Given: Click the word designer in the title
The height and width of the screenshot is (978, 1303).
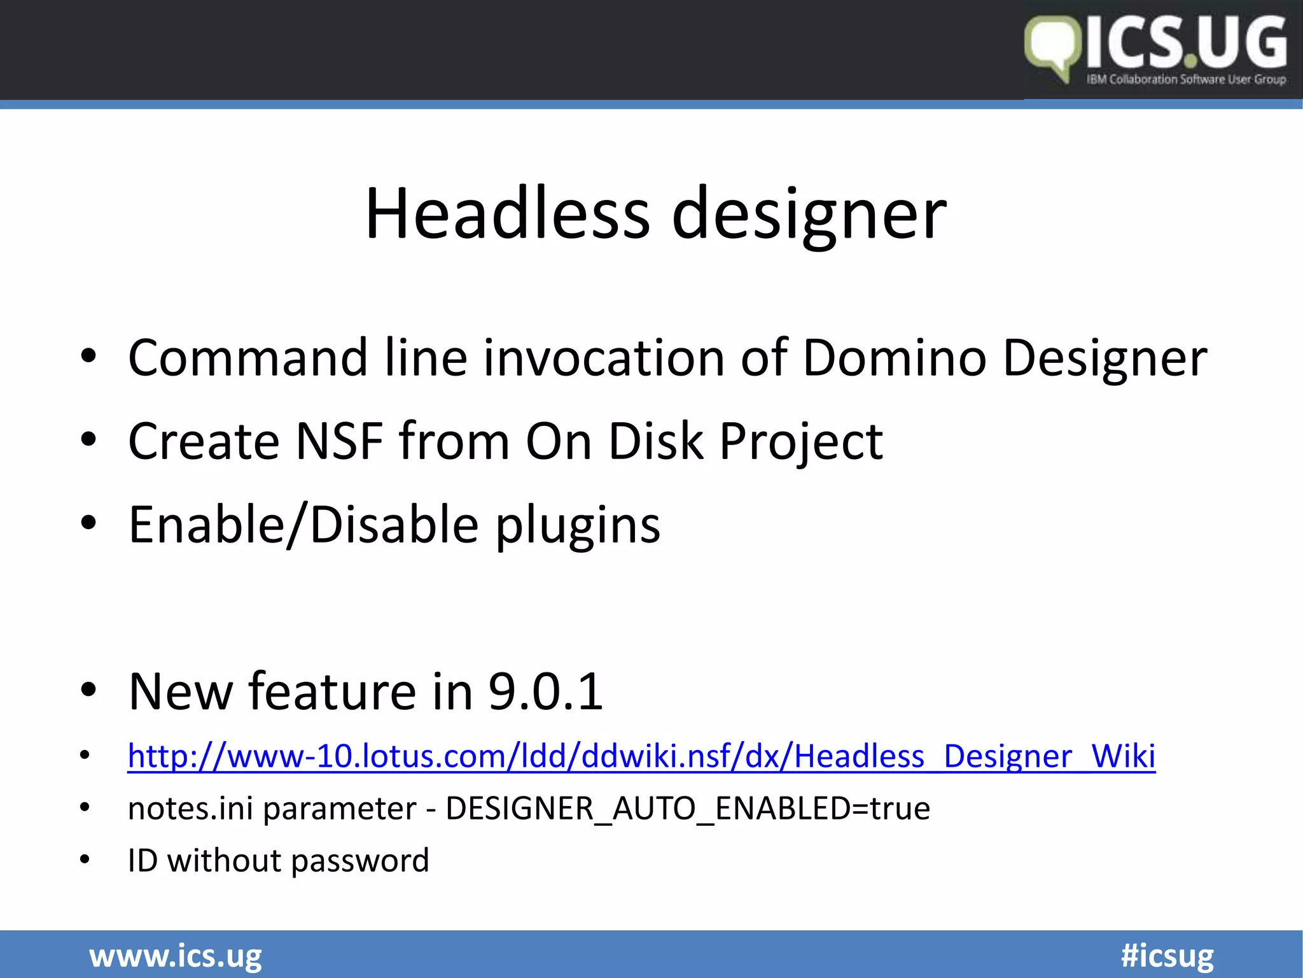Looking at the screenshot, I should [x=809, y=216].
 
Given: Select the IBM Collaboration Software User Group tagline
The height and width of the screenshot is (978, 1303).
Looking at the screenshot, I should [x=1187, y=80].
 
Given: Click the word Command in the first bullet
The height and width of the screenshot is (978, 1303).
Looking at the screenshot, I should [x=248, y=358].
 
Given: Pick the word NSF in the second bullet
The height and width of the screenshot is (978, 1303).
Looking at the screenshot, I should [x=340, y=441].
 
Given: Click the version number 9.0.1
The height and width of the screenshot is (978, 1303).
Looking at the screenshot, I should [x=546, y=691].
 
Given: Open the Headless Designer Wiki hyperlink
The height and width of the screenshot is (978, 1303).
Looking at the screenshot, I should [x=641, y=756].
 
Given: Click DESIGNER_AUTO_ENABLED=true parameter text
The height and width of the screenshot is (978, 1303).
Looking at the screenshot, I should [x=688, y=809].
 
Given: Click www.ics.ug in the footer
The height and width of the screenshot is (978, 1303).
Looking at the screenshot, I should [x=176, y=956].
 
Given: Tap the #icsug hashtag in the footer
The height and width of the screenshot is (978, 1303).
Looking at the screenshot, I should [x=1167, y=956].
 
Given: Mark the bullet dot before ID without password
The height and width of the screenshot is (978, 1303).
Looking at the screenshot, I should [x=85, y=860].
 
